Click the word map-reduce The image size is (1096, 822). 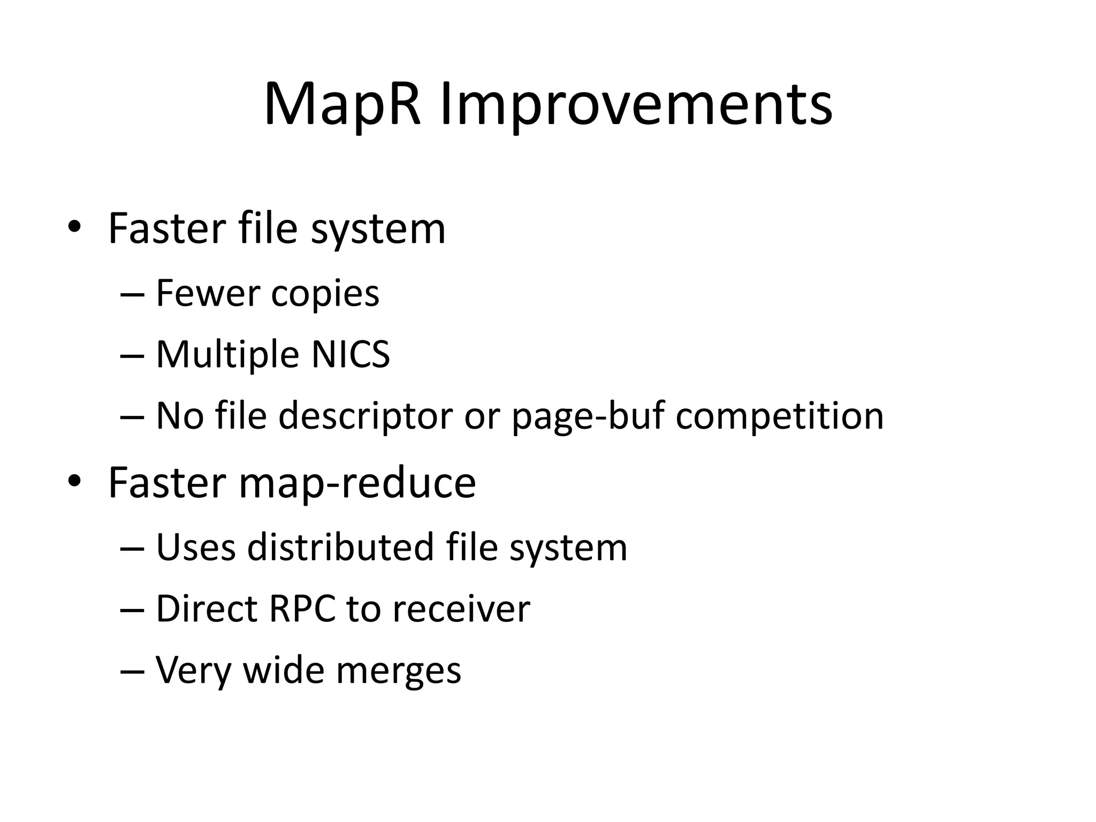click(357, 483)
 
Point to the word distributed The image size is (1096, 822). click(340, 547)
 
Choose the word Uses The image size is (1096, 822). click(195, 547)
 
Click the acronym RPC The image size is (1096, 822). click(302, 608)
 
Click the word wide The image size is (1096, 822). click(284, 669)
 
